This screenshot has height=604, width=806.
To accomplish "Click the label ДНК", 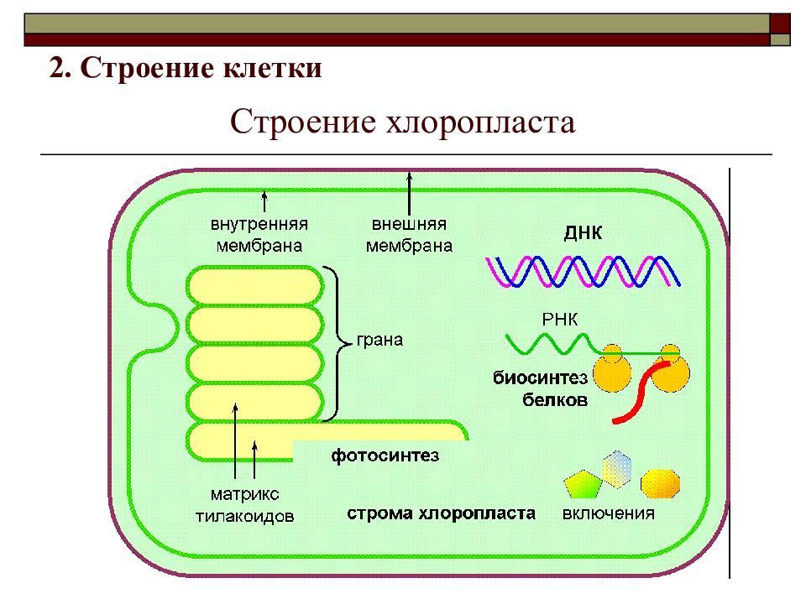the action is (x=583, y=232).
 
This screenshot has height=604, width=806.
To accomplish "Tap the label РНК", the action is (x=560, y=320).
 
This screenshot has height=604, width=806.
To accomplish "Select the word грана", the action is (x=379, y=340).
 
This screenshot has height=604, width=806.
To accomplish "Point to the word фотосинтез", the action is (x=385, y=456).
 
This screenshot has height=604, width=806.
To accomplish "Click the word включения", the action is (x=609, y=513).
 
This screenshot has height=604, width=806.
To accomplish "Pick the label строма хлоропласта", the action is (x=441, y=513).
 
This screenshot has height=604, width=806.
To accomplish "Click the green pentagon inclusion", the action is (x=583, y=484).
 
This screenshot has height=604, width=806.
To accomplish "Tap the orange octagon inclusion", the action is (x=661, y=484).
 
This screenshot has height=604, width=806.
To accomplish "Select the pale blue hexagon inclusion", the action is (x=617, y=468).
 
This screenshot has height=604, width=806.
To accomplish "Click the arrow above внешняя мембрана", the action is (x=409, y=194).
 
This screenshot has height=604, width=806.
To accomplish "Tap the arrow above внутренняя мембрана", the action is (x=264, y=201).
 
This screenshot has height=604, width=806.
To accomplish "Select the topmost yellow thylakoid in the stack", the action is (x=255, y=285).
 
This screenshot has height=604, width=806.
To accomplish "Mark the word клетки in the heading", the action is (x=272, y=68).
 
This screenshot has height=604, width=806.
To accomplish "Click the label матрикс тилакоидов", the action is (x=244, y=505).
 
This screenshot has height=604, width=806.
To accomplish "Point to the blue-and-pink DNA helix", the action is (x=583, y=271).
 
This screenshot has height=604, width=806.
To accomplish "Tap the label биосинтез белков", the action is (x=540, y=388).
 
